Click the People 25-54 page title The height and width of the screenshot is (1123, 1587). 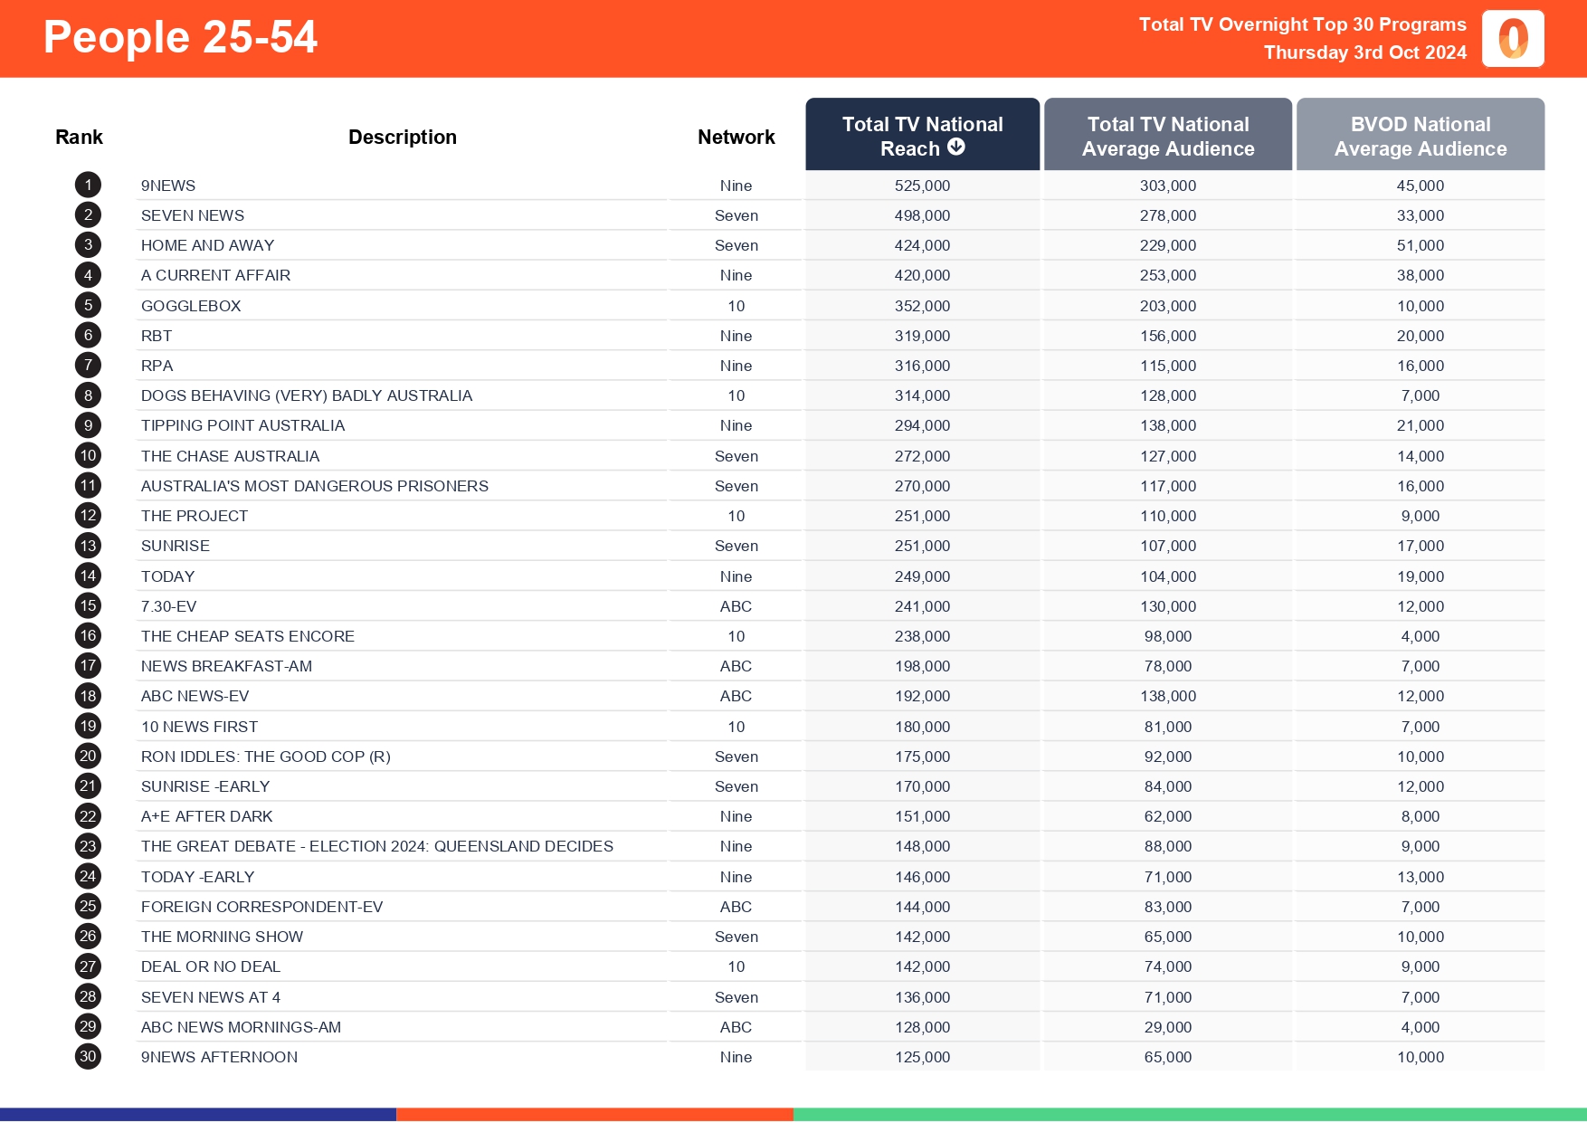click(x=180, y=38)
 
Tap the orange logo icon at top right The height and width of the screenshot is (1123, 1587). click(x=1513, y=39)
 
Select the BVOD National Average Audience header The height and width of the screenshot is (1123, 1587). click(x=1420, y=136)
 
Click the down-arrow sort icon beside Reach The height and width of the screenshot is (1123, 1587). click(x=956, y=148)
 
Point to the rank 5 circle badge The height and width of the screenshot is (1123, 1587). click(x=88, y=306)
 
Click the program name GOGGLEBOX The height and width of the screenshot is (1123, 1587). click(x=191, y=306)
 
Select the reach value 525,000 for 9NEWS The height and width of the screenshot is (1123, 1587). click(x=922, y=186)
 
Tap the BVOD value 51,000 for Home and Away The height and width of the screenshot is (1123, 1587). click(x=1420, y=245)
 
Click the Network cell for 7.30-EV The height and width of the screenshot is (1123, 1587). click(x=736, y=606)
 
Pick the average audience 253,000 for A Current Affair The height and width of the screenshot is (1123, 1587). click(x=1167, y=275)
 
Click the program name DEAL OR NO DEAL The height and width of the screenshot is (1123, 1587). click(x=211, y=966)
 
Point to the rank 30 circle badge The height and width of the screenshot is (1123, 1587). click(x=88, y=1056)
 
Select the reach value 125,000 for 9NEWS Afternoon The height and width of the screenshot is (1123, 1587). click(x=922, y=1057)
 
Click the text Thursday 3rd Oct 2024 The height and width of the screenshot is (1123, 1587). click(x=1364, y=52)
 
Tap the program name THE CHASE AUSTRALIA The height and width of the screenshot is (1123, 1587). click(x=230, y=456)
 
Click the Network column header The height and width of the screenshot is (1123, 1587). click(x=736, y=137)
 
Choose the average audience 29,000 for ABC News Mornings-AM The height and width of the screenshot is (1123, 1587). click(x=1167, y=1027)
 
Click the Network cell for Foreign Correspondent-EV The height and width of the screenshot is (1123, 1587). click(x=736, y=907)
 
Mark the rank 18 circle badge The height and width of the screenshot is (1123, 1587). click(x=88, y=696)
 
